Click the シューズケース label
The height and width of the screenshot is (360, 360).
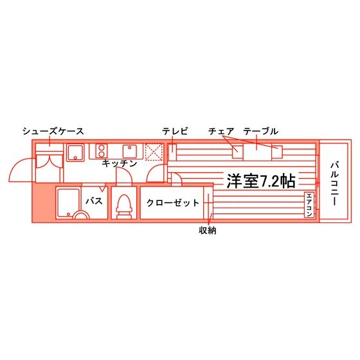53,131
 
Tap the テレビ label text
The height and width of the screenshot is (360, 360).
175,131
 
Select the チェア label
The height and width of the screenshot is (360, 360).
221,131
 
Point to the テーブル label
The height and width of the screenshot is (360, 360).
260,131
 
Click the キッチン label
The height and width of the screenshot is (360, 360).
120,163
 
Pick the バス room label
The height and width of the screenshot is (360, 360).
94,201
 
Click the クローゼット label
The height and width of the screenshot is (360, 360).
173,203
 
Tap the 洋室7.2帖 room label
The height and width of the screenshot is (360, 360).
261,181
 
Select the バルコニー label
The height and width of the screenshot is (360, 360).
335,183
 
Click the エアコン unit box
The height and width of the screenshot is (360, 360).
309,205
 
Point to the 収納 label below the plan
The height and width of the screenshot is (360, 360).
207,230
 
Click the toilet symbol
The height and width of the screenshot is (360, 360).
124,206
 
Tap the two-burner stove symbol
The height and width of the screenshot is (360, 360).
102,151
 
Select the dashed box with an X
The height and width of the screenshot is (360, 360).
154,152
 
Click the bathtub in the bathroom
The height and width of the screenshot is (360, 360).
68,203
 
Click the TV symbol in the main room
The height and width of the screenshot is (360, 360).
172,152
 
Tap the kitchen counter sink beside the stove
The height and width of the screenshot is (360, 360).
130,151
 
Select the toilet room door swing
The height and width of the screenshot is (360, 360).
124,176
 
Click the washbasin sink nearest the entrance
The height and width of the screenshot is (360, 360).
75,152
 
